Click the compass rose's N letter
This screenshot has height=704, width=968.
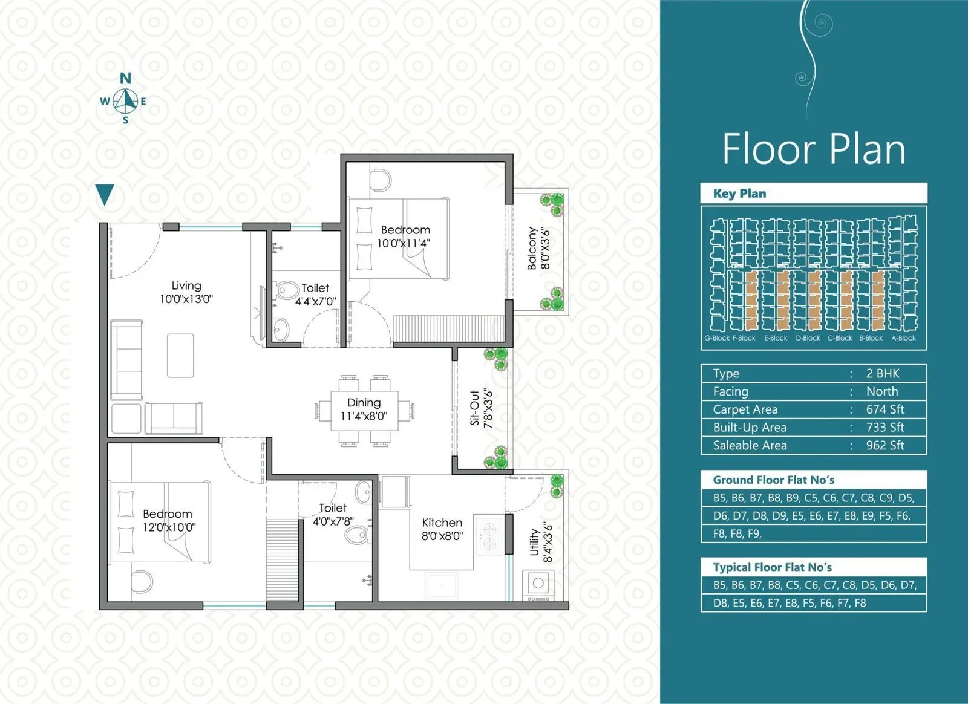pyautogui.click(x=125, y=78)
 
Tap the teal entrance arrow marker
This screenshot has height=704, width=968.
pyautogui.click(x=105, y=194)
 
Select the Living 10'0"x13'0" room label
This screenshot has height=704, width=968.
pyautogui.click(x=186, y=292)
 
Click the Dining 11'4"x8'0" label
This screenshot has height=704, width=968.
pyautogui.click(x=364, y=409)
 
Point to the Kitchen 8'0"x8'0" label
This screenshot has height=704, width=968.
pyautogui.click(x=442, y=529)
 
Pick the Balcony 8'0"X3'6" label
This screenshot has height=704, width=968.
pyautogui.click(x=538, y=248)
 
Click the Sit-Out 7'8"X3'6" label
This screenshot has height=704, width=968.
pyautogui.click(x=482, y=408)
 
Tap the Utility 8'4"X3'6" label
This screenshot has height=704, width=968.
pyautogui.click(x=541, y=542)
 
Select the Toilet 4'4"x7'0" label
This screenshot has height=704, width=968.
pyautogui.click(x=315, y=295)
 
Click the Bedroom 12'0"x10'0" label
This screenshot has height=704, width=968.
pyautogui.click(x=168, y=520)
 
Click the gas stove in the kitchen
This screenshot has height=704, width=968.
pyautogui.click(x=488, y=535)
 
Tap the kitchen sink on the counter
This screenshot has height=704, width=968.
pyautogui.click(x=441, y=585)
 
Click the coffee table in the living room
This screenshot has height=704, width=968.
pyautogui.click(x=180, y=355)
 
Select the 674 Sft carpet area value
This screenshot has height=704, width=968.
pyautogui.click(x=885, y=409)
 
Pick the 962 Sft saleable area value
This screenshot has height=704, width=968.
pyautogui.click(x=885, y=446)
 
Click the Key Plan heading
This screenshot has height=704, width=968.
pyautogui.click(x=739, y=194)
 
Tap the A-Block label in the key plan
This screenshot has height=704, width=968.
pyautogui.click(x=903, y=338)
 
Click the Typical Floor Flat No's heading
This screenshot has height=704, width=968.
pyautogui.click(x=772, y=567)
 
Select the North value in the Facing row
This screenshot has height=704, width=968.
pyautogui.click(x=881, y=391)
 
